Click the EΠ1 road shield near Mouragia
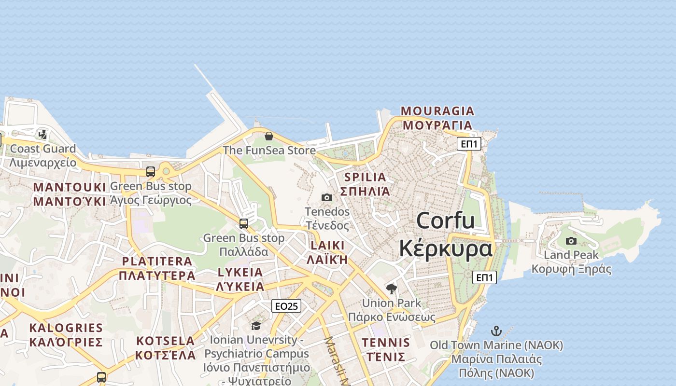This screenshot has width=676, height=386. point(469,143)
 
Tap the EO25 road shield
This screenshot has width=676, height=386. point(286,306)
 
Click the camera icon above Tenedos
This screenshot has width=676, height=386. point(327,197)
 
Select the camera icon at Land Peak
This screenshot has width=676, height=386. point(571,241)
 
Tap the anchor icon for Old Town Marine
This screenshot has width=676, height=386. point(496,331)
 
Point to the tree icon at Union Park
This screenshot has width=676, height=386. point(392,289)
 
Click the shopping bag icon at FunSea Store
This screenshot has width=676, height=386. point(269,136)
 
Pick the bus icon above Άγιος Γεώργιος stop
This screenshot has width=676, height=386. point(151,172)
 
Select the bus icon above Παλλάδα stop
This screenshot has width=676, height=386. point(244,224)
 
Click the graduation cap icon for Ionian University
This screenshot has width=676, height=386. point(256,326)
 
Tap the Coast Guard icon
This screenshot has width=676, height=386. point(43,134)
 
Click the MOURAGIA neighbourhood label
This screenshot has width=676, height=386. point(437,111)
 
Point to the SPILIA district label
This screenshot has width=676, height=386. point(365,177)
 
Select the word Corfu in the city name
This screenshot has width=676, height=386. point(445,221)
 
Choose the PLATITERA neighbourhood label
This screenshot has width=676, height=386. point(157,262)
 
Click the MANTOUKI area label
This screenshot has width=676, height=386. point(70,187)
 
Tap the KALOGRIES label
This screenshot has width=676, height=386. point(66,329)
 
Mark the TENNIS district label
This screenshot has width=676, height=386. point(386,343)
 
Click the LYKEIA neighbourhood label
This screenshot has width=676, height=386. point(240,272)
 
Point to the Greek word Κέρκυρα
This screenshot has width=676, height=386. point(446,248)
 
